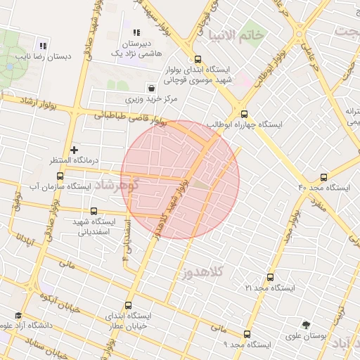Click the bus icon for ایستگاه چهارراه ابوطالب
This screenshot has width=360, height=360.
244,114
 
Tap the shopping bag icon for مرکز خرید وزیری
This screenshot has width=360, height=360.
152,88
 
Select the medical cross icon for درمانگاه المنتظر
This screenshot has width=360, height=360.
74,150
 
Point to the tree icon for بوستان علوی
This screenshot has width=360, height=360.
305,325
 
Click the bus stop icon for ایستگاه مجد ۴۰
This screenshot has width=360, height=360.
323,177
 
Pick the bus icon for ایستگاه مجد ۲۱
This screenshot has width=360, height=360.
270,278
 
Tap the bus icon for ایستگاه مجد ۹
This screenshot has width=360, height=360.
247,335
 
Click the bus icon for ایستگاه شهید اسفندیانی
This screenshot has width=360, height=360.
94,211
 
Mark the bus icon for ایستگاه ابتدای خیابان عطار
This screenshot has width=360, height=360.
127,306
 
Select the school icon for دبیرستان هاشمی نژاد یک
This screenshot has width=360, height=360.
136,32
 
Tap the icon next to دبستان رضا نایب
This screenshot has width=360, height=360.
43,46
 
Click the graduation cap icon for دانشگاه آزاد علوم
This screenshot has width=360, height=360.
18,316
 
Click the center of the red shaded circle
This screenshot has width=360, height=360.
180,179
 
